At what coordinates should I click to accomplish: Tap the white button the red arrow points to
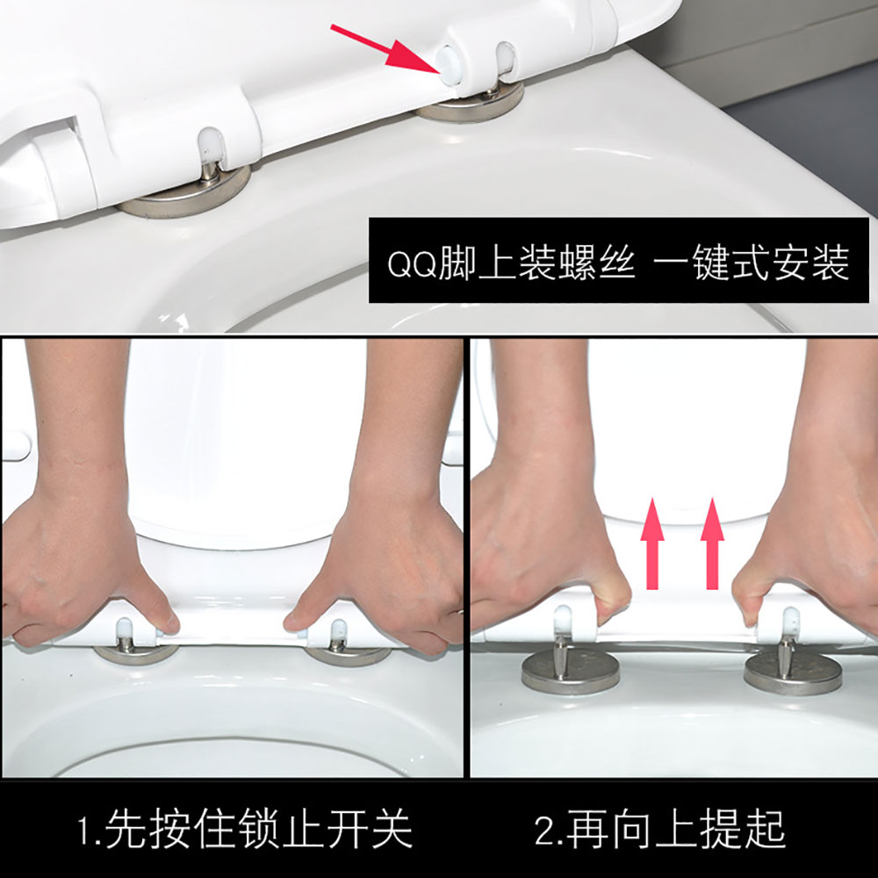449,66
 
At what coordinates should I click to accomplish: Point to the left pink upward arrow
652,543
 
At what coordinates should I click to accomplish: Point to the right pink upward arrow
712,543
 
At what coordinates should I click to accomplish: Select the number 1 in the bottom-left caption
84,831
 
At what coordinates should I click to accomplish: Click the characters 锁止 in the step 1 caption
281,830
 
